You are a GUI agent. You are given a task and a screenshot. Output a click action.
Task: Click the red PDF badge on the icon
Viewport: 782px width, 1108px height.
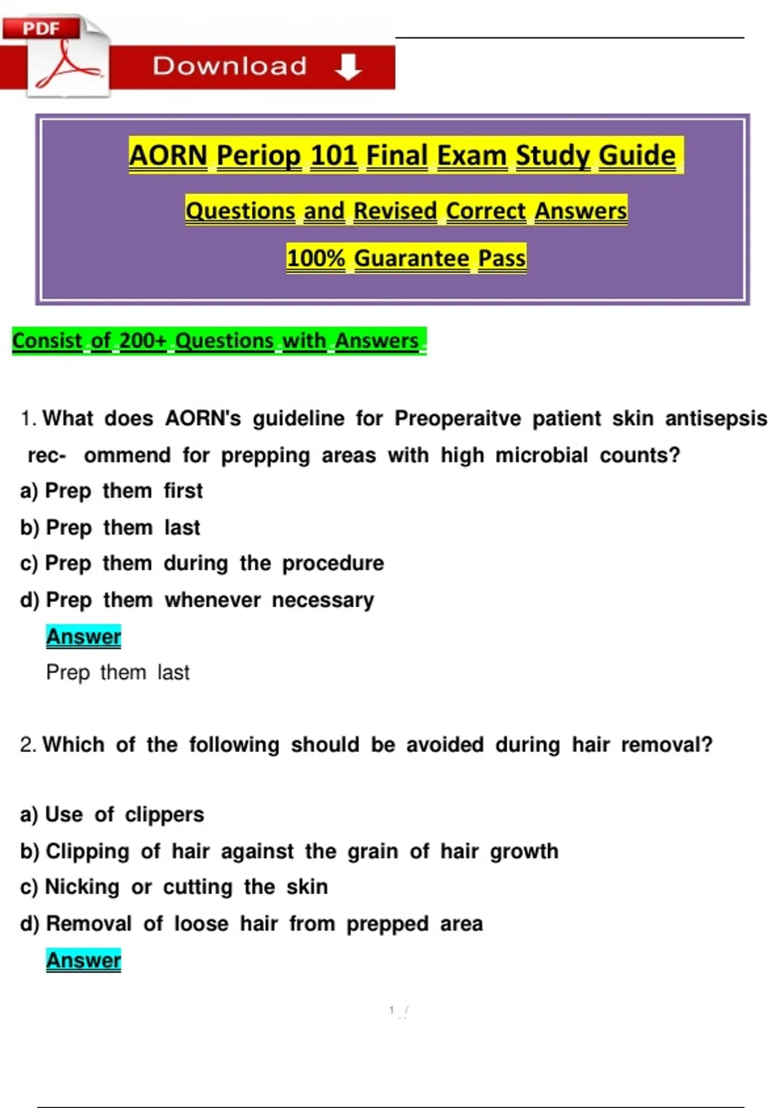pyautogui.click(x=41, y=27)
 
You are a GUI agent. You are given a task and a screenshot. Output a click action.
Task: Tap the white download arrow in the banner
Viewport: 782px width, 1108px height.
pyautogui.click(x=348, y=66)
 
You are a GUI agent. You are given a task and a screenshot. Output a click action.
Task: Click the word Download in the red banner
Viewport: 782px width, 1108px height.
pyautogui.click(x=229, y=66)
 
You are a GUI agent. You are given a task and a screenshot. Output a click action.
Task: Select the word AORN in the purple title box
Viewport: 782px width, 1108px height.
pyautogui.click(x=167, y=155)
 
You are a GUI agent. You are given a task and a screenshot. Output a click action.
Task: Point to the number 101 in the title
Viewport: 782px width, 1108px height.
pyautogui.click(x=334, y=155)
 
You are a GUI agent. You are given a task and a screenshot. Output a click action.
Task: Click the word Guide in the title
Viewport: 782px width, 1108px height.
pyautogui.click(x=637, y=155)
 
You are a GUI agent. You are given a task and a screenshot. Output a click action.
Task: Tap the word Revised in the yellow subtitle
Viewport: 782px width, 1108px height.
pyautogui.click(x=395, y=211)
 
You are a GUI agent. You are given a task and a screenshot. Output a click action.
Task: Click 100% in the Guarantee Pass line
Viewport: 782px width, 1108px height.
pyautogui.click(x=315, y=258)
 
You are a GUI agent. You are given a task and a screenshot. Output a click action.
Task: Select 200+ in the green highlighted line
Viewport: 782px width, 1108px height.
pyautogui.click(x=143, y=340)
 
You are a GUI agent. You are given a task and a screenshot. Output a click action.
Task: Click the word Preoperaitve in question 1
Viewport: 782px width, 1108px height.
pyautogui.click(x=457, y=418)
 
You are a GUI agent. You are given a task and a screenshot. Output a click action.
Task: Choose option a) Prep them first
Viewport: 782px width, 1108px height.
pyautogui.click(x=111, y=491)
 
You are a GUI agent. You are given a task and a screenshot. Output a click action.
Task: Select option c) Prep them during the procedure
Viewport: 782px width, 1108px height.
pyautogui.click(x=202, y=563)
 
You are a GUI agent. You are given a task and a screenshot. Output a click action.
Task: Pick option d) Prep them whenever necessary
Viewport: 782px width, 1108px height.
pyautogui.click(x=197, y=600)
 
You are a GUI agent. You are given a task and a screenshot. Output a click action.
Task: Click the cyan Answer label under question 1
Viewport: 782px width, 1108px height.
pyautogui.click(x=83, y=637)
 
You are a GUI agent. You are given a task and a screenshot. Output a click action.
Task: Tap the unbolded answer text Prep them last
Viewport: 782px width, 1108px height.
pyautogui.click(x=118, y=673)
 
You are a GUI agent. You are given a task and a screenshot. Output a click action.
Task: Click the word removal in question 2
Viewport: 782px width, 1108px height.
pyautogui.click(x=667, y=744)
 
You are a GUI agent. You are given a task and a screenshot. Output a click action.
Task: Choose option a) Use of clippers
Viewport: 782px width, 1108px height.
pyautogui.click(x=112, y=814)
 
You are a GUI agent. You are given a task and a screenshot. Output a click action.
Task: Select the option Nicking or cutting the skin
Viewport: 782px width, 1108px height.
pyautogui.click(x=186, y=887)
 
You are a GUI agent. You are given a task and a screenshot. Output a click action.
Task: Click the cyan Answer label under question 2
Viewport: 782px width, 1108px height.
pyautogui.click(x=83, y=960)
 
